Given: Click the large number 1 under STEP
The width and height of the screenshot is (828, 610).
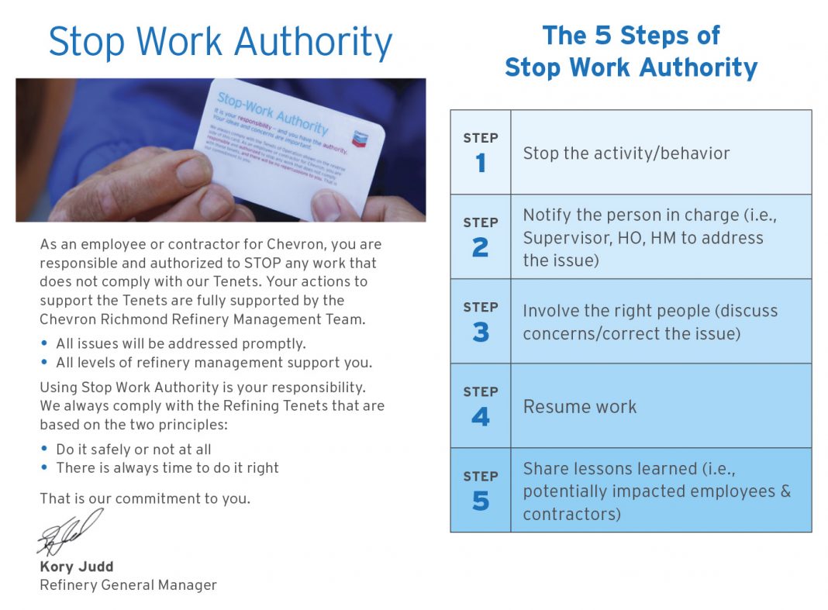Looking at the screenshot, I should pos(481,163).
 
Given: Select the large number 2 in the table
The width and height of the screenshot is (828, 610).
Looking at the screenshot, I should pos(481,247).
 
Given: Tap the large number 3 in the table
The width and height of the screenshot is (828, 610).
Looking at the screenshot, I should pos(481,332).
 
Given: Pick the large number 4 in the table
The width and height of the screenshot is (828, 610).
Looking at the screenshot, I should pos(481,416).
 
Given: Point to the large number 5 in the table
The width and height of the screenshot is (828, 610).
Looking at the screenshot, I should pos(481,501).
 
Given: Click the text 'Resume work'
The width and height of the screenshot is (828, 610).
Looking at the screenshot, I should pos(580,407).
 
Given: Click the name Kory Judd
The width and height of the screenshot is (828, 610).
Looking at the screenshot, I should pos(77,567).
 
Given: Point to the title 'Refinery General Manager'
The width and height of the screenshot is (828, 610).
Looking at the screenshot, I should pos(128,585).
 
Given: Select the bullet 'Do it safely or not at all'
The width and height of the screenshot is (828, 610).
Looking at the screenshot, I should pos(133,450).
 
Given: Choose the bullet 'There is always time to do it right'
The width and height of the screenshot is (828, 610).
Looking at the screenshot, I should pos(167,468).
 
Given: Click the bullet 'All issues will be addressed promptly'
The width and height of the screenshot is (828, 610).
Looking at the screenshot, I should pos(181,343).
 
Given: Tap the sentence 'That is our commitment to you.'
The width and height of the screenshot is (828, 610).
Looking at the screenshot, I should pos(145,498).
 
